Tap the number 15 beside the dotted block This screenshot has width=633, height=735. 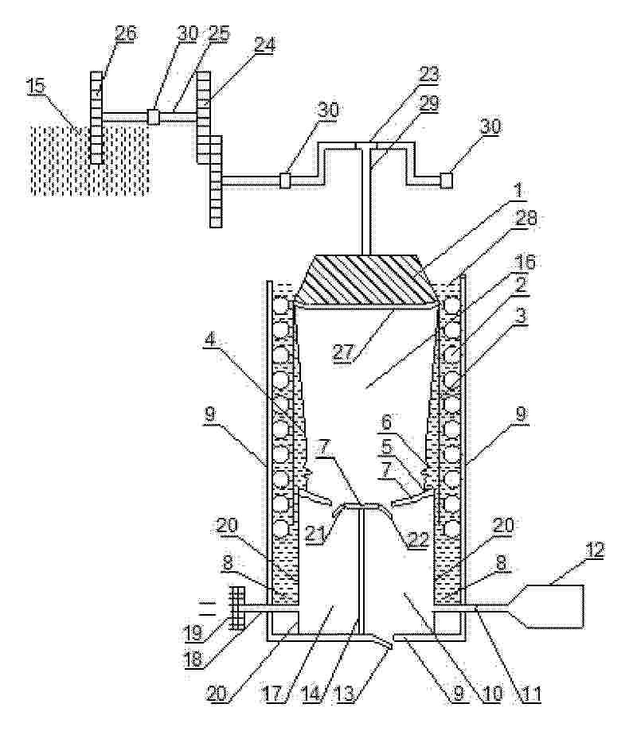coord(36,87)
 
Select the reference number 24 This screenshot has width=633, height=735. coord(264,45)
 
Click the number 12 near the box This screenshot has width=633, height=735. coord(595,549)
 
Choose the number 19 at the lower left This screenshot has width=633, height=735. coord(195,633)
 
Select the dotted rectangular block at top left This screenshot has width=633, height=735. coord(90,160)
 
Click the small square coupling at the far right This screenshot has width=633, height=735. coord(446,181)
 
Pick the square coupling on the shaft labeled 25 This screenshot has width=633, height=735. coord(154,117)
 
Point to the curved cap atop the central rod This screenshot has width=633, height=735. coord(361,508)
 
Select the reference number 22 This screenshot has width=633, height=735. coord(419,539)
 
